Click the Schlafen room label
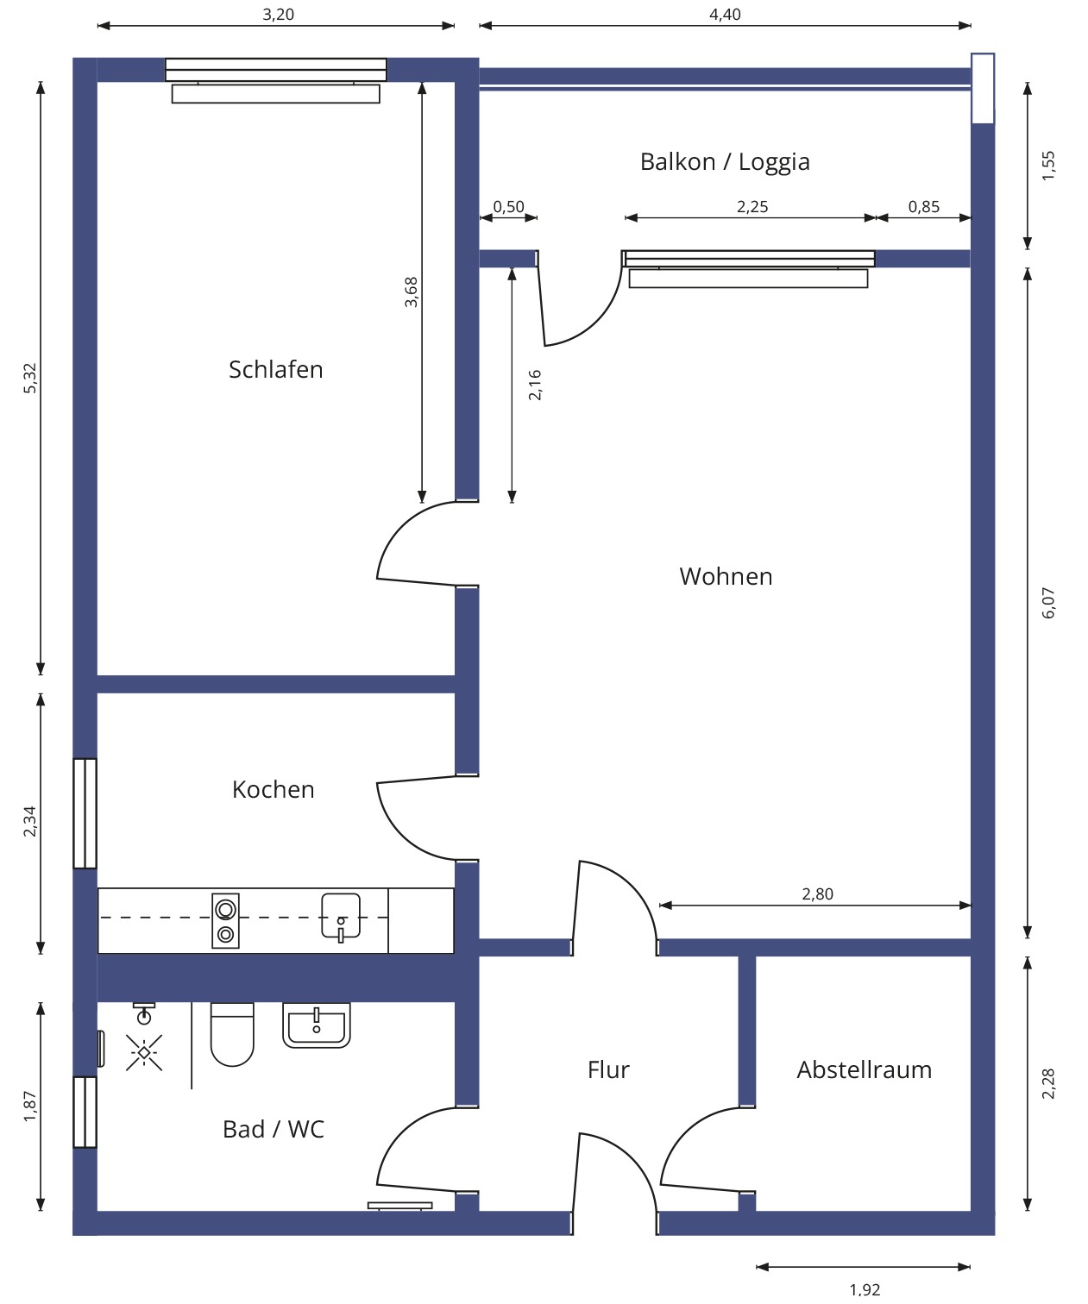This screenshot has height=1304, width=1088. click(275, 369)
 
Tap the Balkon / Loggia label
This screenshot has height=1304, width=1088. click(724, 162)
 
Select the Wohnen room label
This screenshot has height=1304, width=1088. click(725, 576)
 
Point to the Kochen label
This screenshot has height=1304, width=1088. click(273, 789)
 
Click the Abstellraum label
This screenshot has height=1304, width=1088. click(864, 1069)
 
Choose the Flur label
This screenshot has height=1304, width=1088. click(608, 1069)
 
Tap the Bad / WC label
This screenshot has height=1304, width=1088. click(273, 1129)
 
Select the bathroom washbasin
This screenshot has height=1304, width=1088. click(317, 1025)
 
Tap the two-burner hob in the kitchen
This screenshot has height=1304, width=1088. click(225, 921)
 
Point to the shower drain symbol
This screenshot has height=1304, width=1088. click(143, 1052)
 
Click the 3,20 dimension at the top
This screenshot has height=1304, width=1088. click(278, 15)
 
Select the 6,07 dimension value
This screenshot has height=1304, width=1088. click(1048, 603)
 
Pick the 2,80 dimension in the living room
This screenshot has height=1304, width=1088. click(817, 893)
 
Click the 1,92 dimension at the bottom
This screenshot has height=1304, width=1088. click(865, 1289)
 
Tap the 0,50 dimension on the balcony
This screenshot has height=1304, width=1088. click(508, 207)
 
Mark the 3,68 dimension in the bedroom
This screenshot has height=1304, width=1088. click(412, 292)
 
